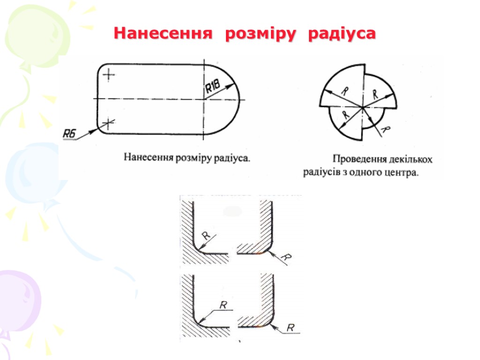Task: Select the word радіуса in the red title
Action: click(342, 34)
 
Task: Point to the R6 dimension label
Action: click(69, 135)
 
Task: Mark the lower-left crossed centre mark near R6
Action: click(108, 123)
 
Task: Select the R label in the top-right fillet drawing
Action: click(288, 257)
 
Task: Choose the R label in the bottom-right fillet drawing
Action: click(291, 327)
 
